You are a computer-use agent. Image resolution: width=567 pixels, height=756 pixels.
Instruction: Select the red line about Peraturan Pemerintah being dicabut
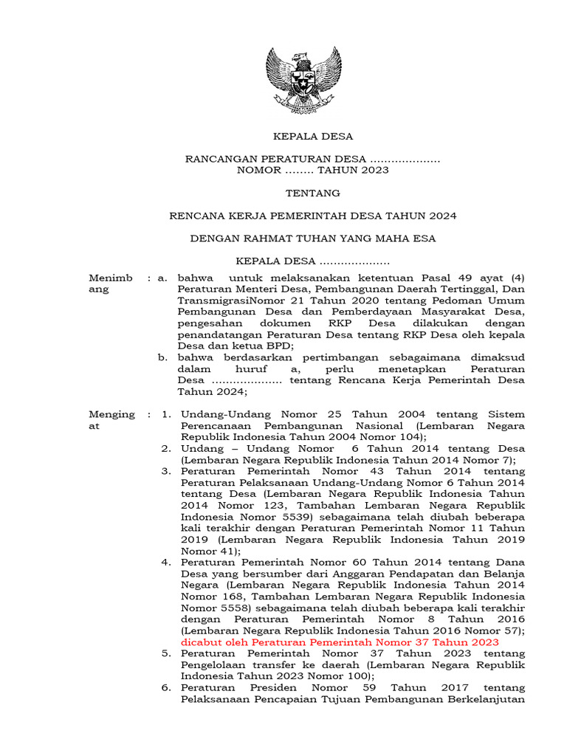pos(340,642)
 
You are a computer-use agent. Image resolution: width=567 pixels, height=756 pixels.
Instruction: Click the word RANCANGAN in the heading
pos(216,159)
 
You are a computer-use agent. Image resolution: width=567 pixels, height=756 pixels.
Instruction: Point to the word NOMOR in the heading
pos(258,171)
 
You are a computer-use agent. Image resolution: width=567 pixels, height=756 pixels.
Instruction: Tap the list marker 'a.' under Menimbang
pos(163,278)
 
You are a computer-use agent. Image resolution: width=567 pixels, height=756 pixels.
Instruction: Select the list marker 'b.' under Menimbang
pos(163,357)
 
